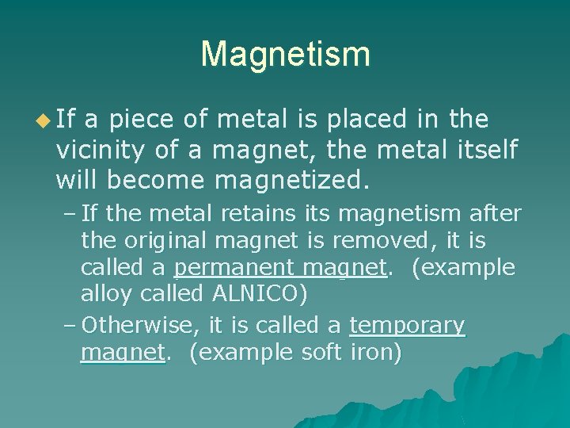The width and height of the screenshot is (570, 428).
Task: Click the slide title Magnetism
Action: coord(285,55)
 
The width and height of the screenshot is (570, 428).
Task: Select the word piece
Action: coord(141,120)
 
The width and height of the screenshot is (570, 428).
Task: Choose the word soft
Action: coord(322,352)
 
